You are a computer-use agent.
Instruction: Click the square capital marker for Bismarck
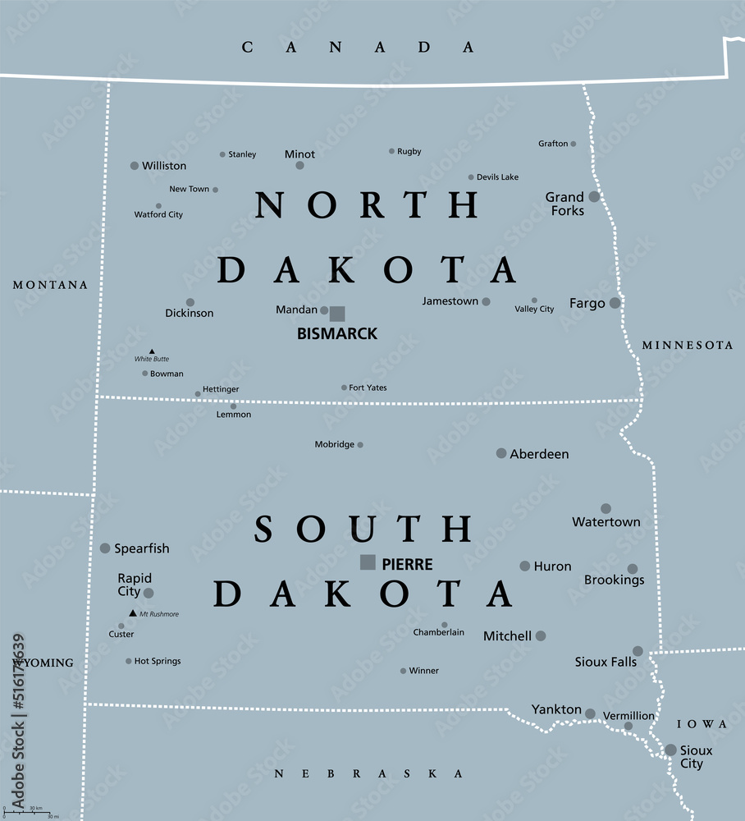(337, 313)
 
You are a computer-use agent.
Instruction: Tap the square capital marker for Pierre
(368, 562)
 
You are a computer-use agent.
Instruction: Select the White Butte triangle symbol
(152, 351)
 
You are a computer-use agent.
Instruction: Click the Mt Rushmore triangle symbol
(132, 612)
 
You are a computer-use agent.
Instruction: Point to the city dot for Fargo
(615, 303)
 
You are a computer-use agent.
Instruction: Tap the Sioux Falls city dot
(638, 651)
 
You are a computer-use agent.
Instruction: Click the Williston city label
(164, 166)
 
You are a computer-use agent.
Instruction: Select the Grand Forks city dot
(594, 196)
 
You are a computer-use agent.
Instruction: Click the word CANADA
(358, 48)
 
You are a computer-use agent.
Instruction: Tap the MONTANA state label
(50, 285)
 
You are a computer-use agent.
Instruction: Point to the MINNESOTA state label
(688, 346)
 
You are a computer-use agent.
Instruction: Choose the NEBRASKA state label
(368, 773)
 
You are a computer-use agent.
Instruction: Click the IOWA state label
(702, 724)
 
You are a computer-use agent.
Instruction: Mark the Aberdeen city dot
(501, 453)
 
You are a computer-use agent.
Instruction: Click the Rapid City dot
(149, 593)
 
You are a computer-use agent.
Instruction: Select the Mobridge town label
(335, 445)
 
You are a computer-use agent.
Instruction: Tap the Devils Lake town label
(497, 177)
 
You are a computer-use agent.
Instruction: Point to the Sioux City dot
(670, 750)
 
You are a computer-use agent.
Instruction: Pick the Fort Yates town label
(368, 388)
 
